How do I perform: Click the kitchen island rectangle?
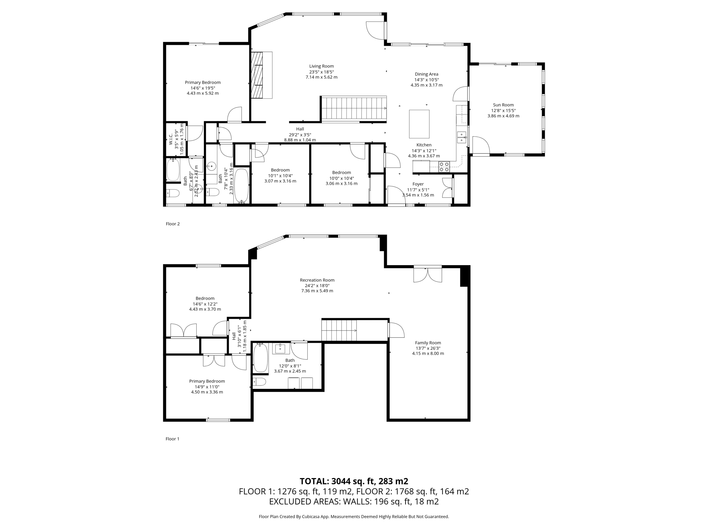(419, 124)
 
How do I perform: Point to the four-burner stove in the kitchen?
(444, 167)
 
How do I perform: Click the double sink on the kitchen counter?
(462, 137)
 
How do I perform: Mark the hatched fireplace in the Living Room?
(257, 75)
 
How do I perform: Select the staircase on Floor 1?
(339, 330)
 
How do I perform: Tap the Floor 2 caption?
(173, 224)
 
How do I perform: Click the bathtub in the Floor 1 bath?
(261, 358)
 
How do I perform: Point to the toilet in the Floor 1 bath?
(259, 382)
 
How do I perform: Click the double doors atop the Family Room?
(428, 275)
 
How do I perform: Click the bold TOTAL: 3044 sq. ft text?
(354, 481)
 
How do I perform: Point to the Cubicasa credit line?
(354, 516)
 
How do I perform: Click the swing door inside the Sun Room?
(481, 145)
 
